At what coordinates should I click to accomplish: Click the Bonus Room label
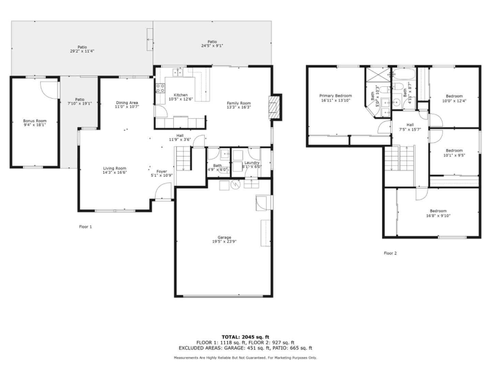coord(34,121)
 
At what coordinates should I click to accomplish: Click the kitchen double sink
coord(177,72)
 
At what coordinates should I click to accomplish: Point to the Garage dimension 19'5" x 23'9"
coord(224,242)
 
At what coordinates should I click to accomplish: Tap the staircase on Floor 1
coord(183,158)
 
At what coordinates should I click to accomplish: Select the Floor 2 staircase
coord(399,158)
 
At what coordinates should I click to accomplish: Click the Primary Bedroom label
coord(335,96)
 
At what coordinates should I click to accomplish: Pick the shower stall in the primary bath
coord(377,75)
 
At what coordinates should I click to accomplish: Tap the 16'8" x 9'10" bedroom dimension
coord(438,215)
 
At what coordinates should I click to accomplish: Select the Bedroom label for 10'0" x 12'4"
coord(454,96)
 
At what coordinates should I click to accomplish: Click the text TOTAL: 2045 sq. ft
coord(245,337)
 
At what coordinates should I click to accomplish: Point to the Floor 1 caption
coord(86,227)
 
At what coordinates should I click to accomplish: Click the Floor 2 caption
coord(390,253)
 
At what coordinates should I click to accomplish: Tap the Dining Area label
coord(127,103)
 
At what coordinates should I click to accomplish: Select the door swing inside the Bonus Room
coord(49,90)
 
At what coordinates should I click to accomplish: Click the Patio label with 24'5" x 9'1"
coord(212,42)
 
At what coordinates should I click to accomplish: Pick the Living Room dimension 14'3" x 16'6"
coord(115,172)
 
